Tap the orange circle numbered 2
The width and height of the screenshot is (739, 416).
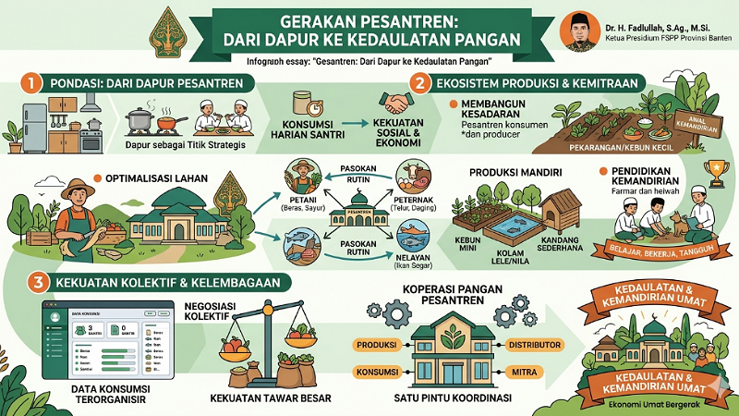tap(420, 83)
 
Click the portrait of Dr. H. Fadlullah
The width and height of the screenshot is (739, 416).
tap(575, 32)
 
